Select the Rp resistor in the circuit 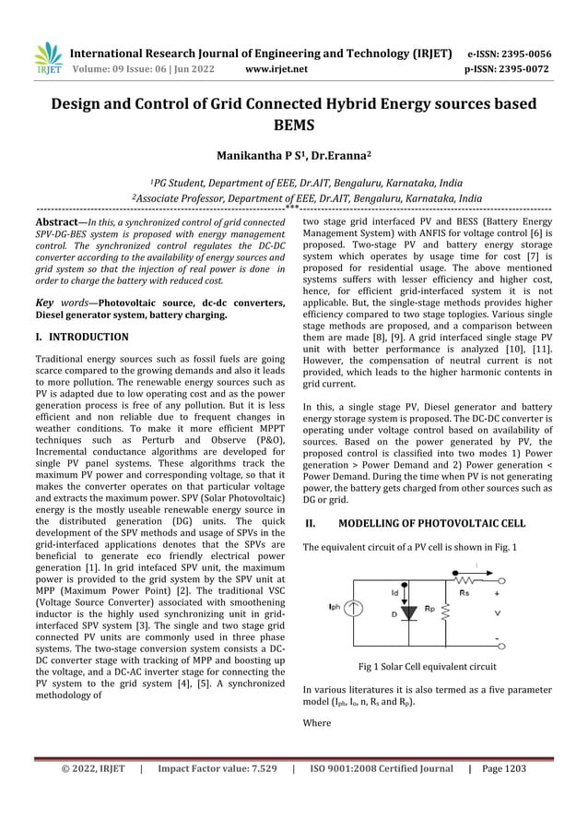coord(446,609)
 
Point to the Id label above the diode coord(395,592)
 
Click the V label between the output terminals coord(499,611)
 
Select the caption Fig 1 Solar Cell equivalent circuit coord(428,666)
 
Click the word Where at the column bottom coord(317,724)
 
